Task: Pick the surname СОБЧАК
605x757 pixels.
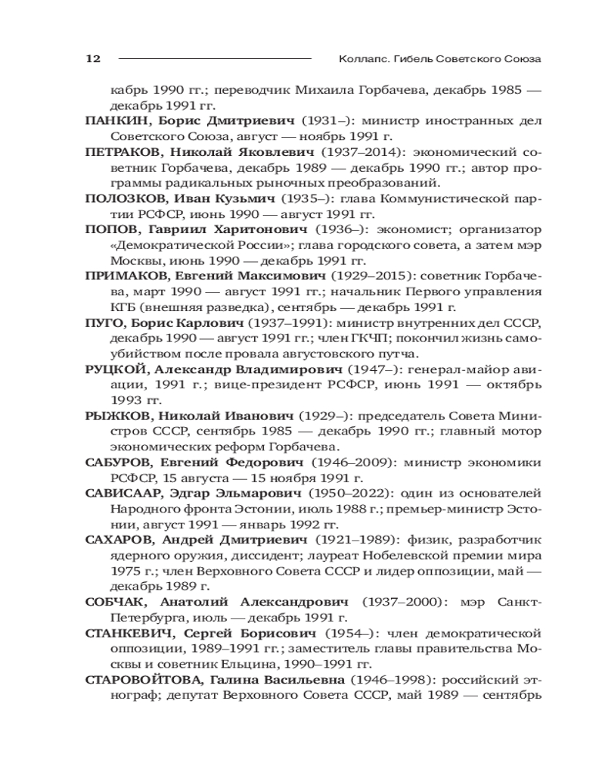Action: [112, 602]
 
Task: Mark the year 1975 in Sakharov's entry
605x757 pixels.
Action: [124, 572]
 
